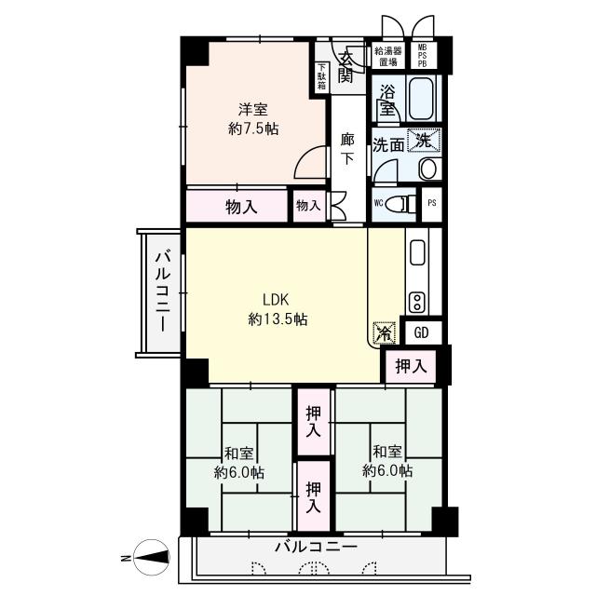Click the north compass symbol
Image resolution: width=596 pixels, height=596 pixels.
pos(152,557)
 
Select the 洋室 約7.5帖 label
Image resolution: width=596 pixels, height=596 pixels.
pos(253,119)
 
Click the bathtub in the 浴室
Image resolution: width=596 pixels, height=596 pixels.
pos(421,98)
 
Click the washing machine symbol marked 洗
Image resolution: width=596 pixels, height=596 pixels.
pos(424,141)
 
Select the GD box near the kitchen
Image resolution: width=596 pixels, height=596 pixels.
pos(422,332)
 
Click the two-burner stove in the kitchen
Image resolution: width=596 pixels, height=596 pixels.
pos(417,302)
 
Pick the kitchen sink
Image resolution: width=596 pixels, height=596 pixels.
pos(417,251)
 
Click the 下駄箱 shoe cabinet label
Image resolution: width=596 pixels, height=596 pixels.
pos(321,76)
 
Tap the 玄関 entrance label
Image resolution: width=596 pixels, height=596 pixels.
pos(346,67)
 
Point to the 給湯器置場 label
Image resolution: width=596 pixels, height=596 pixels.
pos(387,56)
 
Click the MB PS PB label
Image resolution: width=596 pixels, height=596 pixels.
pos(422,56)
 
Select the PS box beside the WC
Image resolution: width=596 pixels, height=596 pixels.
pos(432,203)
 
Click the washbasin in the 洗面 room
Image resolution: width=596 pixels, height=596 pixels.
pos(428,169)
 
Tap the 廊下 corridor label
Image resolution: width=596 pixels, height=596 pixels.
pos(346,149)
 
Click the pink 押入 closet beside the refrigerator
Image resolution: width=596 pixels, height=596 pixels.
pos(411,366)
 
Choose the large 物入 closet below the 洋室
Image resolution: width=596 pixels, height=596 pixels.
pos(237,206)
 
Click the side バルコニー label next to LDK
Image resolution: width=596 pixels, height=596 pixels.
pos(162,291)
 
